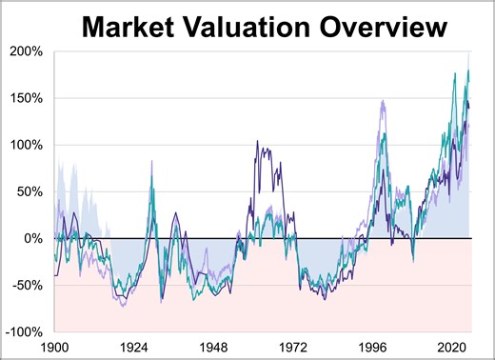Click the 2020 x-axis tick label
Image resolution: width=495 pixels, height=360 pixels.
pyautogui.click(x=451, y=346)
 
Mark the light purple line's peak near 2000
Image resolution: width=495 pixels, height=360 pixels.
pyautogui.click(x=383, y=100)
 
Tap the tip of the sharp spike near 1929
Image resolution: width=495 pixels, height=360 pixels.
pyautogui.click(x=151, y=161)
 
